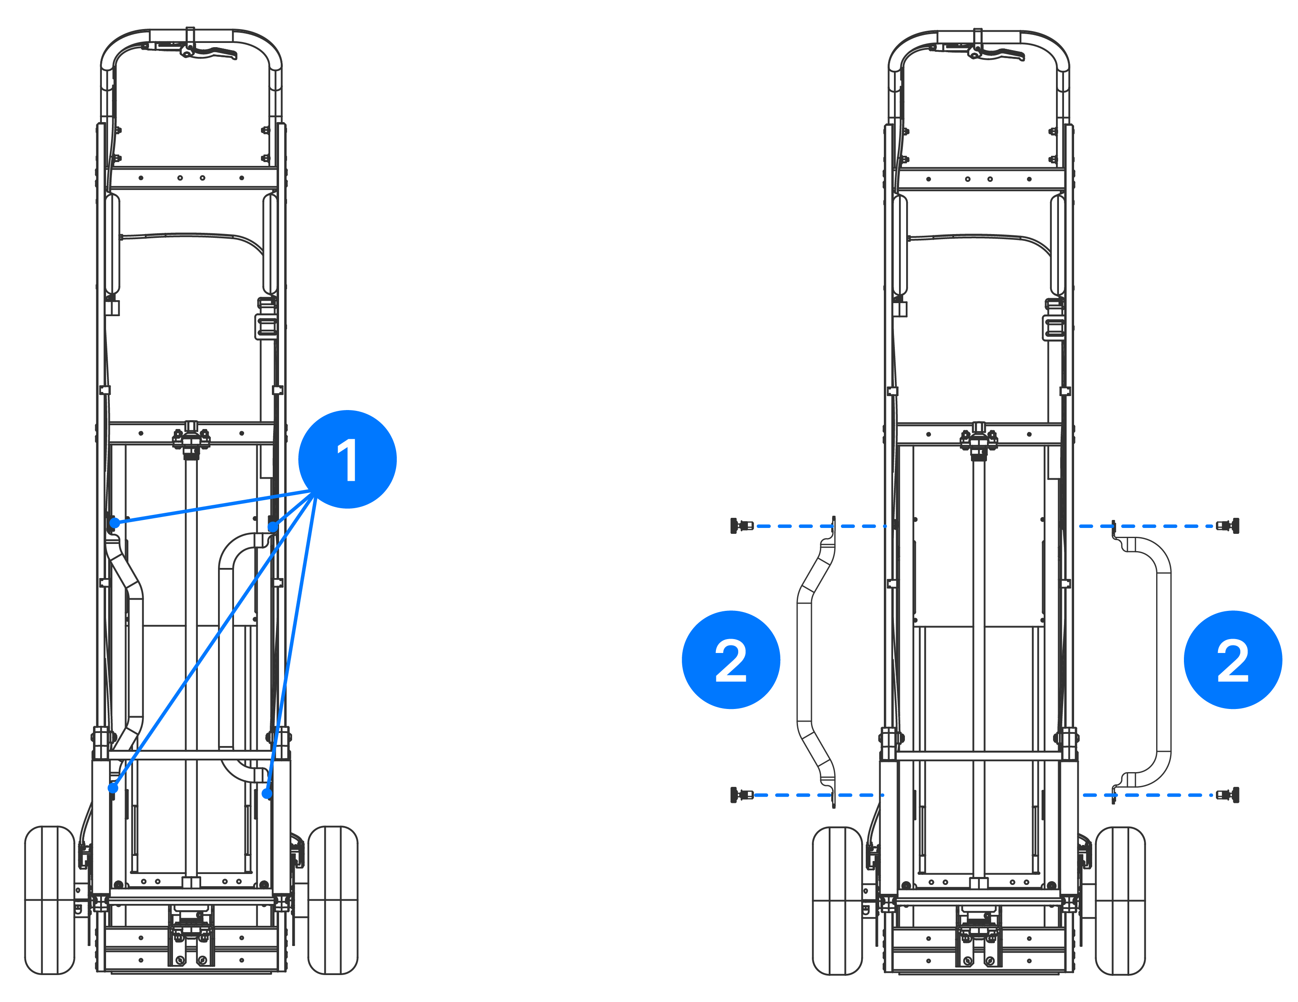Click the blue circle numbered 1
coord(347,459)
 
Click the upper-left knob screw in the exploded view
coord(741,526)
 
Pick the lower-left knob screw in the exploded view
coord(741,794)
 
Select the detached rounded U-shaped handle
coord(1153,660)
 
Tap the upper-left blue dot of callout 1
coord(115,523)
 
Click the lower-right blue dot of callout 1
coord(267,793)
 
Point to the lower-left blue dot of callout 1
coord(113,788)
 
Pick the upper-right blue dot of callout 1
coord(273,527)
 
